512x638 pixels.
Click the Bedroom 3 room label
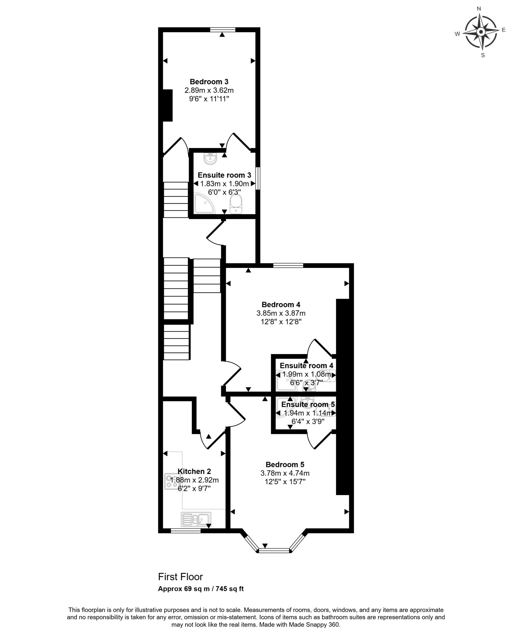coord(209,82)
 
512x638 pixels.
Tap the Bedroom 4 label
coord(281,305)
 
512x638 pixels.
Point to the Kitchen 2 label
coord(194,472)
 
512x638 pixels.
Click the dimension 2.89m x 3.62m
coord(209,90)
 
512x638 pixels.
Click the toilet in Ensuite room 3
coord(236,204)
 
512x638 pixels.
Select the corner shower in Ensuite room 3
coord(204,203)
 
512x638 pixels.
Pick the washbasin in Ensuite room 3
coord(210,158)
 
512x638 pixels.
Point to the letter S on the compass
coord(483,55)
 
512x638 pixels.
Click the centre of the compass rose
coord(481,32)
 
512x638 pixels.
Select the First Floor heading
coord(180,577)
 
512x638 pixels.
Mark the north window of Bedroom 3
coord(223,30)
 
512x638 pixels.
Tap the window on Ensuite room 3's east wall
coord(258,178)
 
